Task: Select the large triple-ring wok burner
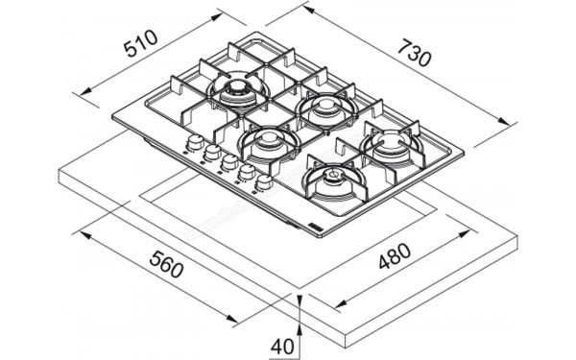click(234, 93)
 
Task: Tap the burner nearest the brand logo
click(331, 179)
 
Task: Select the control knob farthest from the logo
click(194, 144)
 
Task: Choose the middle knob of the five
click(229, 163)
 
